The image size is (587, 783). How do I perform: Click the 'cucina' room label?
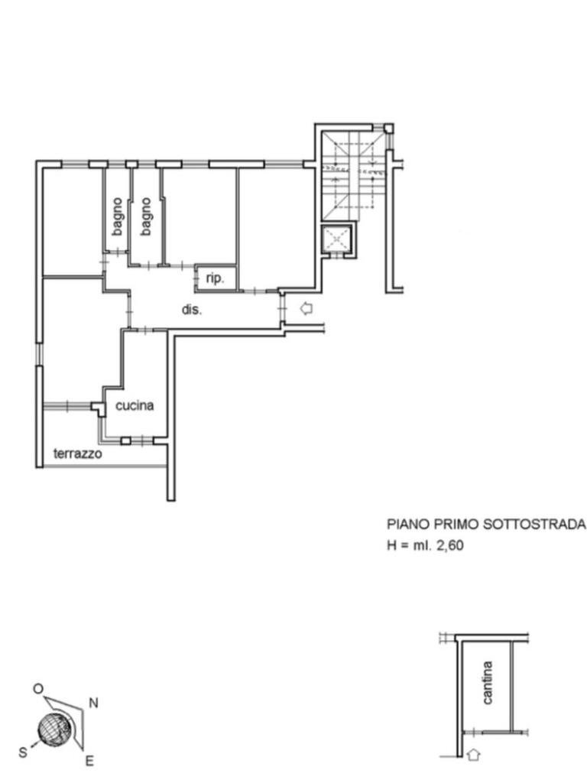coord(135,405)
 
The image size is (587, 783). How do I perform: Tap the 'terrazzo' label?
coord(77,453)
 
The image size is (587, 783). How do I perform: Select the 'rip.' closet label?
coord(215,278)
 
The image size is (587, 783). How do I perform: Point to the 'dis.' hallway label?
coord(192,310)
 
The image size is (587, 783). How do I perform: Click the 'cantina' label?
coord(488,683)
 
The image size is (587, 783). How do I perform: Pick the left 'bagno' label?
coord(117,216)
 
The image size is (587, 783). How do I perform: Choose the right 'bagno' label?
coord(146,216)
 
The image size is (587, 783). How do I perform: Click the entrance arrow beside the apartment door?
coord(306,309)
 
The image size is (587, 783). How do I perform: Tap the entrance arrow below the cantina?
coord(474,754)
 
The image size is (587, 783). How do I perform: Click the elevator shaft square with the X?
coord(337,239)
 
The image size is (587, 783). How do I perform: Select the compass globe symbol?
coord(55,729)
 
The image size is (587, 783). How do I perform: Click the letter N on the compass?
coord(93,703)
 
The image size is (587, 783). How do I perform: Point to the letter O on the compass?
coord(38,689)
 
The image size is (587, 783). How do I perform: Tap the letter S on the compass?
coord(23,752)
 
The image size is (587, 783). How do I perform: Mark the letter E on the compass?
coord(89,761)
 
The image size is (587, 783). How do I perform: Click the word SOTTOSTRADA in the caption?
coord(534,525)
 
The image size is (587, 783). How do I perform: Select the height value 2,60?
coord(449,545)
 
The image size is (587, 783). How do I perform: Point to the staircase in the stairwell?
coord(352,176)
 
